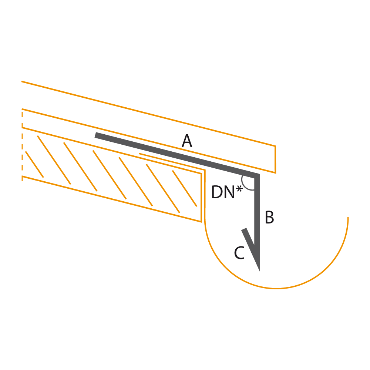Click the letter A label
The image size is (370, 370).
click(187, 141)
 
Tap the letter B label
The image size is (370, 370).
click(269, 217)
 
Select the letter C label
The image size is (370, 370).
click(239, 253)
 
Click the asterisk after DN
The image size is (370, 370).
click(239, 189)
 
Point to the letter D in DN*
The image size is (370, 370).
click(216, 192)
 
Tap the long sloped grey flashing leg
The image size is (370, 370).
click(177, 155)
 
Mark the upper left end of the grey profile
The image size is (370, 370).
click(95, 135)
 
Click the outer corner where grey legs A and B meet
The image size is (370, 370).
click(260, 174)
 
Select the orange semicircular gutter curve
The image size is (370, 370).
click(276, 288)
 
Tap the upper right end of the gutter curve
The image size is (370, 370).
click(348, 217)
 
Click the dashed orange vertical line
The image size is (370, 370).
click(22, 145)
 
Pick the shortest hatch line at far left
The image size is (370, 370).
click(34, 165)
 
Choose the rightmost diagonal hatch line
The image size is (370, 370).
click(185, 188)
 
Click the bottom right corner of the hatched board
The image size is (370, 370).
click(201, 222)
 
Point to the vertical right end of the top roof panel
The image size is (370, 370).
click(275, 159)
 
